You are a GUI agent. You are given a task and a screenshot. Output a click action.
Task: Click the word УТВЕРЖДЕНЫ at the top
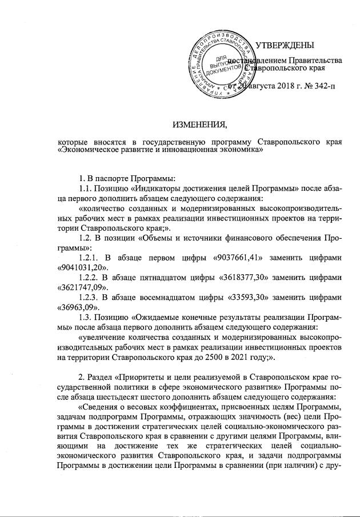click(x=283, y=46)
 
